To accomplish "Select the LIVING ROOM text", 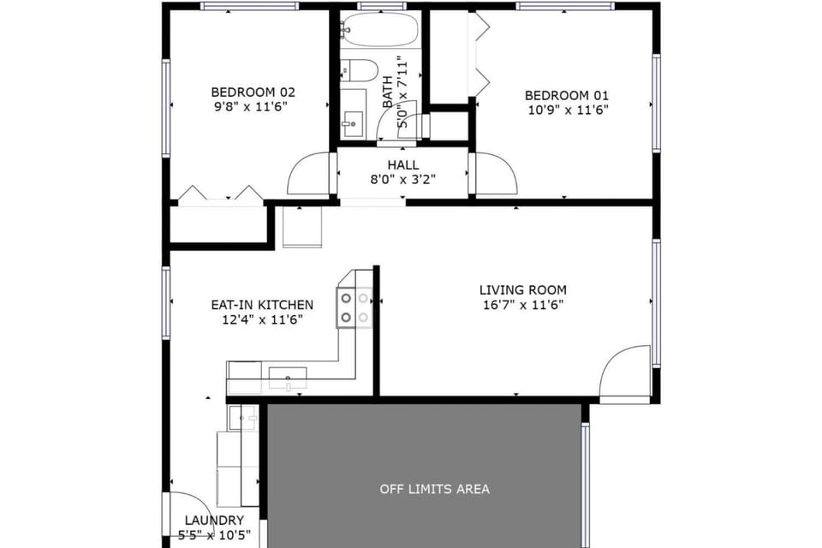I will [x=522, y=290].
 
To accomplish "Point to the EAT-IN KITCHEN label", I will [x=262, y=305].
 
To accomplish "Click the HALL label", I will [x=402, y=164].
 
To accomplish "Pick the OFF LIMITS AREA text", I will [x=435, y=489].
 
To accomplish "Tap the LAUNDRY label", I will [x=214, y=521].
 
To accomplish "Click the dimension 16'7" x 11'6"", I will [x=522, y=305].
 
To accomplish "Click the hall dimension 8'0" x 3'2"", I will [x=402, y=180].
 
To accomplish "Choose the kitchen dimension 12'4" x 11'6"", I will [x=262, y=319].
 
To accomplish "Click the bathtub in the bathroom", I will [x=379, y=32].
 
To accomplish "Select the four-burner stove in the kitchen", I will [x=355, y=307].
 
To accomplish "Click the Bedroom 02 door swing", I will [x=309, y=175].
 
